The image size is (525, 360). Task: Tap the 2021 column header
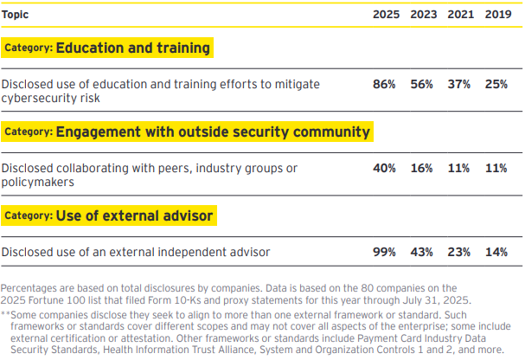click(458, 15)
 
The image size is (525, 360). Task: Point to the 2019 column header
click(496, 15)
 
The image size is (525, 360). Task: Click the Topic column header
click(16, 15)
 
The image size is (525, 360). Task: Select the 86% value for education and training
click(384, 84)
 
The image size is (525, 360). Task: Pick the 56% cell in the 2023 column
click(421, 84)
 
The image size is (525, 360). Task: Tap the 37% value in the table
click(458, 84)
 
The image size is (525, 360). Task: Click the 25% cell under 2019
click(496, 84)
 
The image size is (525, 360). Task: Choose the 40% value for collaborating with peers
click(384, 168)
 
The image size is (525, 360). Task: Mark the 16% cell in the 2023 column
click(421, 168)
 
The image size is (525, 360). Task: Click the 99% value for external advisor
click(384, 252)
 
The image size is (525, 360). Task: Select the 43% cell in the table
click(421, 252)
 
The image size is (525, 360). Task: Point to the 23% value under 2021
click(458, 252)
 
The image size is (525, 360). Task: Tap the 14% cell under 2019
click(496, 252)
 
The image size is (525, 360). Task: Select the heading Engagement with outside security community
click(213, 132)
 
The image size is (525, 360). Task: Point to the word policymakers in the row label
click(36, 183)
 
